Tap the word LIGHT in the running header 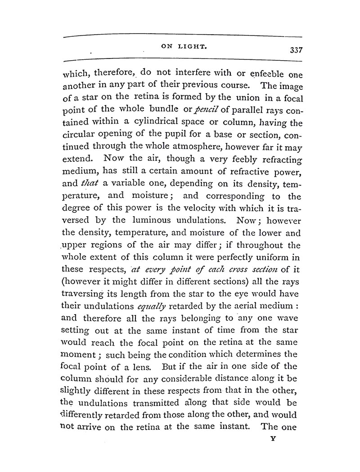[x=189, y=46]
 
